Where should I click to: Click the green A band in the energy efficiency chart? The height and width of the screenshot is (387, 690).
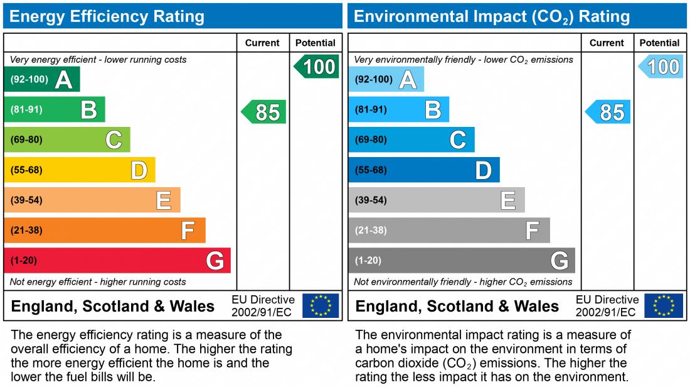click(x=41, y=79)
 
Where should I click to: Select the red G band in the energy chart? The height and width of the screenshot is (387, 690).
click(x=117, y=260)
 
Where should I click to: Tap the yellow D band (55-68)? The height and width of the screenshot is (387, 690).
click(x=79, y=170)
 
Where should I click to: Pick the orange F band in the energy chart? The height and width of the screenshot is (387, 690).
click(x=104, y=230)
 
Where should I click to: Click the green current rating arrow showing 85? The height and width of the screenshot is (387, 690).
click(x=264, y=112)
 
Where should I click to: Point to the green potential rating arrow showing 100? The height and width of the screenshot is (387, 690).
click(x=317, y=67)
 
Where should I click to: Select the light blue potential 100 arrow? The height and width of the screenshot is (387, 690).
click(x=661, y=67)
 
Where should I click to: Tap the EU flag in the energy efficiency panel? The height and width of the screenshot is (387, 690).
click(x=321, y=305)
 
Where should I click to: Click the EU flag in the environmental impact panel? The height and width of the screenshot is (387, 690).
click(x=664, y=305)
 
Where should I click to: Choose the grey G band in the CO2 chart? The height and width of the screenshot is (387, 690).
click(x=461, y=260)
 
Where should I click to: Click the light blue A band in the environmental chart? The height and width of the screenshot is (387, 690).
click(x=386, y=79)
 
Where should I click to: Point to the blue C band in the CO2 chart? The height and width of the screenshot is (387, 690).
click(x=411, y=139)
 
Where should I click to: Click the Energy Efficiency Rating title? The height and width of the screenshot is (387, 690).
click(x=107, y=16)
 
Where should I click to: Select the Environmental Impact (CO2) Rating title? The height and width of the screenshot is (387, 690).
click(x=492, y=16)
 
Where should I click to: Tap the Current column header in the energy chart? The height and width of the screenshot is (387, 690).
click(x=262, y=43)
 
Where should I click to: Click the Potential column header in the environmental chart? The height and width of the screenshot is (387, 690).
click(x=659, y=43)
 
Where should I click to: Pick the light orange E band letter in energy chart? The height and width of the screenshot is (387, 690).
click(x=163, y=200)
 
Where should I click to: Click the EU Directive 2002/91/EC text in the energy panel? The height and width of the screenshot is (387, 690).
click(x=263, y=306)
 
